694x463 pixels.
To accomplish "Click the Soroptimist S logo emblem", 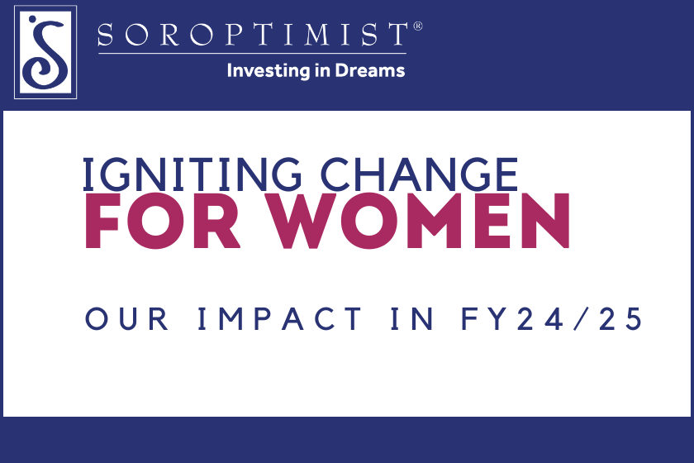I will point(45,51).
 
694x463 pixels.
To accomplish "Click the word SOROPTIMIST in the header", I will point(252,35).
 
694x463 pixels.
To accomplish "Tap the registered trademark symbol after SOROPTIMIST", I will point(417,26).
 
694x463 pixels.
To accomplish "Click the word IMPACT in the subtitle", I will point(281,320).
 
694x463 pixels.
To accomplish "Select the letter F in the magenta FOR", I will point(102,224).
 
